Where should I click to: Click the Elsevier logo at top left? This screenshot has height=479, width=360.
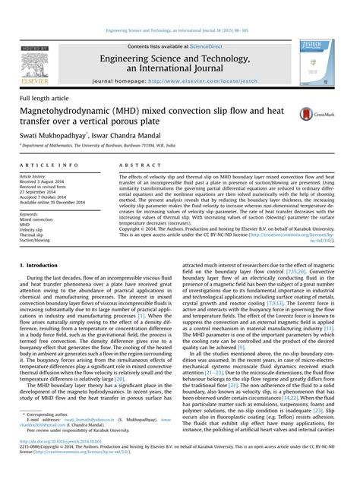pos(34,65)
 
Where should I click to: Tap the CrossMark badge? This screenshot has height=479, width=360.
pos(326,115)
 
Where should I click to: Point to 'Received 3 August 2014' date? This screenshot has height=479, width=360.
pos(45,181)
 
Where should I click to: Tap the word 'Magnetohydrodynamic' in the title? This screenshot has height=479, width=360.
pos(71,112)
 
